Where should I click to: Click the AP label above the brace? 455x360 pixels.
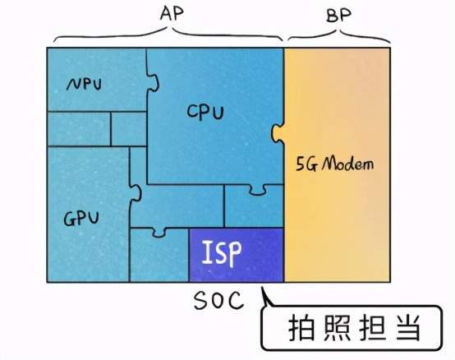(172, 14)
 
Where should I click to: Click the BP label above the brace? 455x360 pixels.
(338, 16)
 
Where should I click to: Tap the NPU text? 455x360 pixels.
(84, 85)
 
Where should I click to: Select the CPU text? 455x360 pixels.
(205, 112)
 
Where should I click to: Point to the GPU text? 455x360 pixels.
(81, 219)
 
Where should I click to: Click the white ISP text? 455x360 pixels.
(222, 252)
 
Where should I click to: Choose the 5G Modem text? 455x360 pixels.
(334, 164)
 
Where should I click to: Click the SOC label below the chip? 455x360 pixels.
(218, 300)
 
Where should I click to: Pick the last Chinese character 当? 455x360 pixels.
(408, 328)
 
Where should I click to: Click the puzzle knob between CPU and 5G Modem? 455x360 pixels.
(278, 133)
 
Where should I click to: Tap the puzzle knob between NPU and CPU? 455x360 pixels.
(153, 82)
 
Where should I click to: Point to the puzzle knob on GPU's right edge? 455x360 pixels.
(136, 192)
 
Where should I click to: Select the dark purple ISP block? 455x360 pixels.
(237, 255)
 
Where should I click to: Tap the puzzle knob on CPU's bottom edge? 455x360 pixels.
(258, 189)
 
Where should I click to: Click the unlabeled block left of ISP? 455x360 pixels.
(159, 255)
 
